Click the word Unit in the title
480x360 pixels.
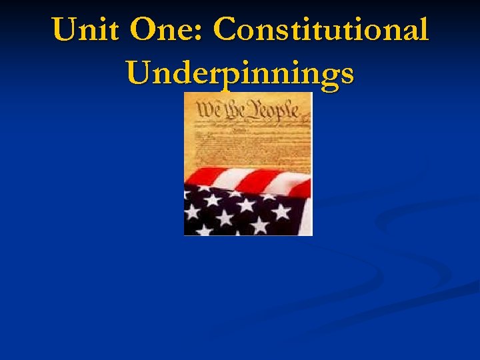tap(85, 30)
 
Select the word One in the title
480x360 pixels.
tap(165, 30)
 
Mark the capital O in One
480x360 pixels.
tap(145, 30)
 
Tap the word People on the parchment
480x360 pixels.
tap(272, 109)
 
